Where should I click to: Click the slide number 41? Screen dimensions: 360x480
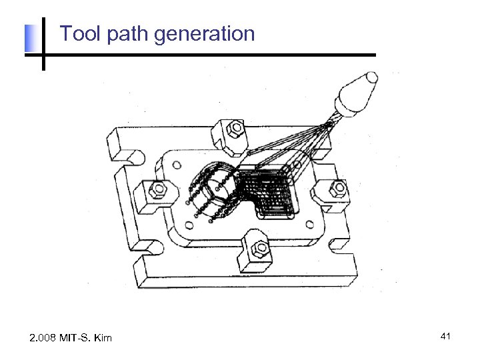446,337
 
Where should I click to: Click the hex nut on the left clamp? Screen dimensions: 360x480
158,190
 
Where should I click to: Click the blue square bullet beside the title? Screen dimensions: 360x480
29,39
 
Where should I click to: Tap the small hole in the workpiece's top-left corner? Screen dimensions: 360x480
177,162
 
